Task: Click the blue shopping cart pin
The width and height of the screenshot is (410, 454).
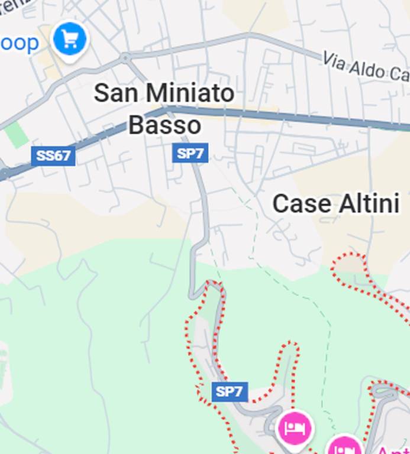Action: click(x=70, y=39)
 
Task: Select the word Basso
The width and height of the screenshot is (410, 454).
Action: click(x=164, y=125)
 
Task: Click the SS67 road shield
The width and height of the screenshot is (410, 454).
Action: click(x=53, y=156)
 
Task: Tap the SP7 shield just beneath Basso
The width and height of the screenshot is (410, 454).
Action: click(x=191, y=154)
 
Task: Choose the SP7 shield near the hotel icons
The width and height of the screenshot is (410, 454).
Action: click(x=229, y=391)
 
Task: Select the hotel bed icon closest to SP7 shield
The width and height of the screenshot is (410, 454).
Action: click(x=295, y=426)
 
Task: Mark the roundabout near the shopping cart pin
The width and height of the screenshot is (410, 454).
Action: click(x=125, y=58)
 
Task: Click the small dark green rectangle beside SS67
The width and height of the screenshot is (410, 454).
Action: click(x=17, y=135)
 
